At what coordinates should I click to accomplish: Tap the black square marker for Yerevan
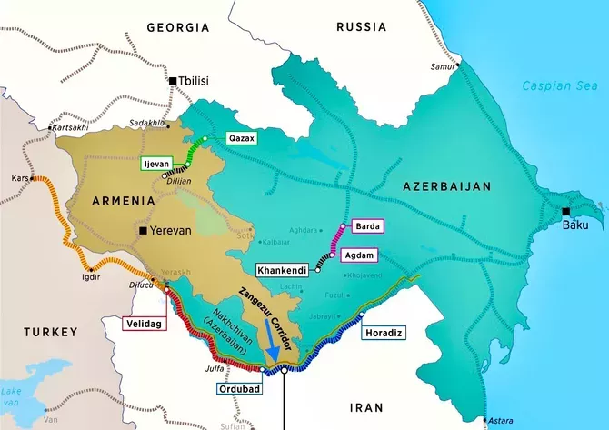143,231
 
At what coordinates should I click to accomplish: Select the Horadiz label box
382,332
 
